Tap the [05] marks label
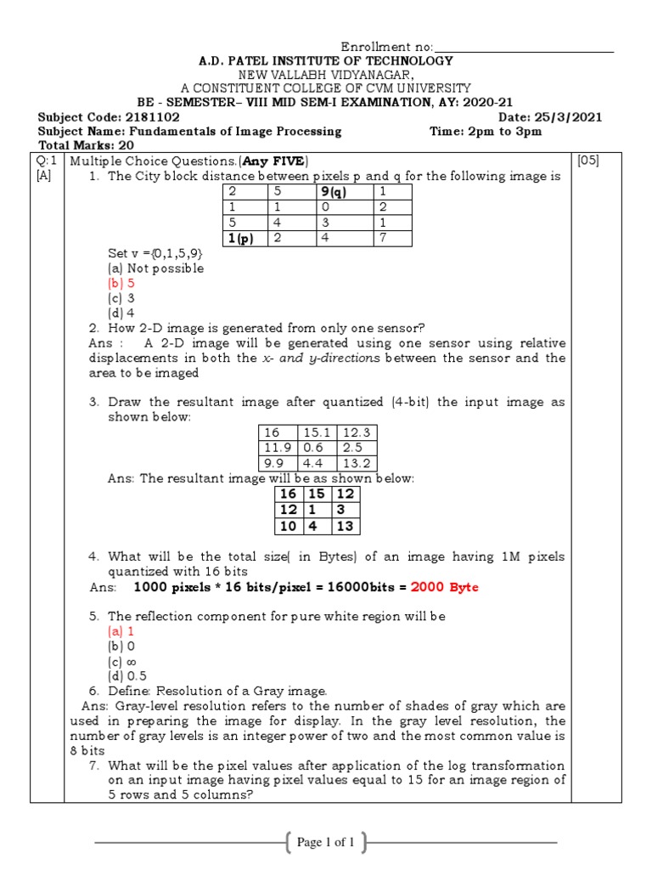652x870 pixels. coord(587,161)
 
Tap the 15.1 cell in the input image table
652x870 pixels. coord(316,432)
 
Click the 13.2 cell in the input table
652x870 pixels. coord(357,463)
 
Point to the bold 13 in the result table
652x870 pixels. coord(346,527)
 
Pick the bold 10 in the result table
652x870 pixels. coord(288,527)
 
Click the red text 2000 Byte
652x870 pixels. coord(445,587)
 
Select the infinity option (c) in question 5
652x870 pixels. coord(121,662)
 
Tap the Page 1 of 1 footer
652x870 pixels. coord(325,843)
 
